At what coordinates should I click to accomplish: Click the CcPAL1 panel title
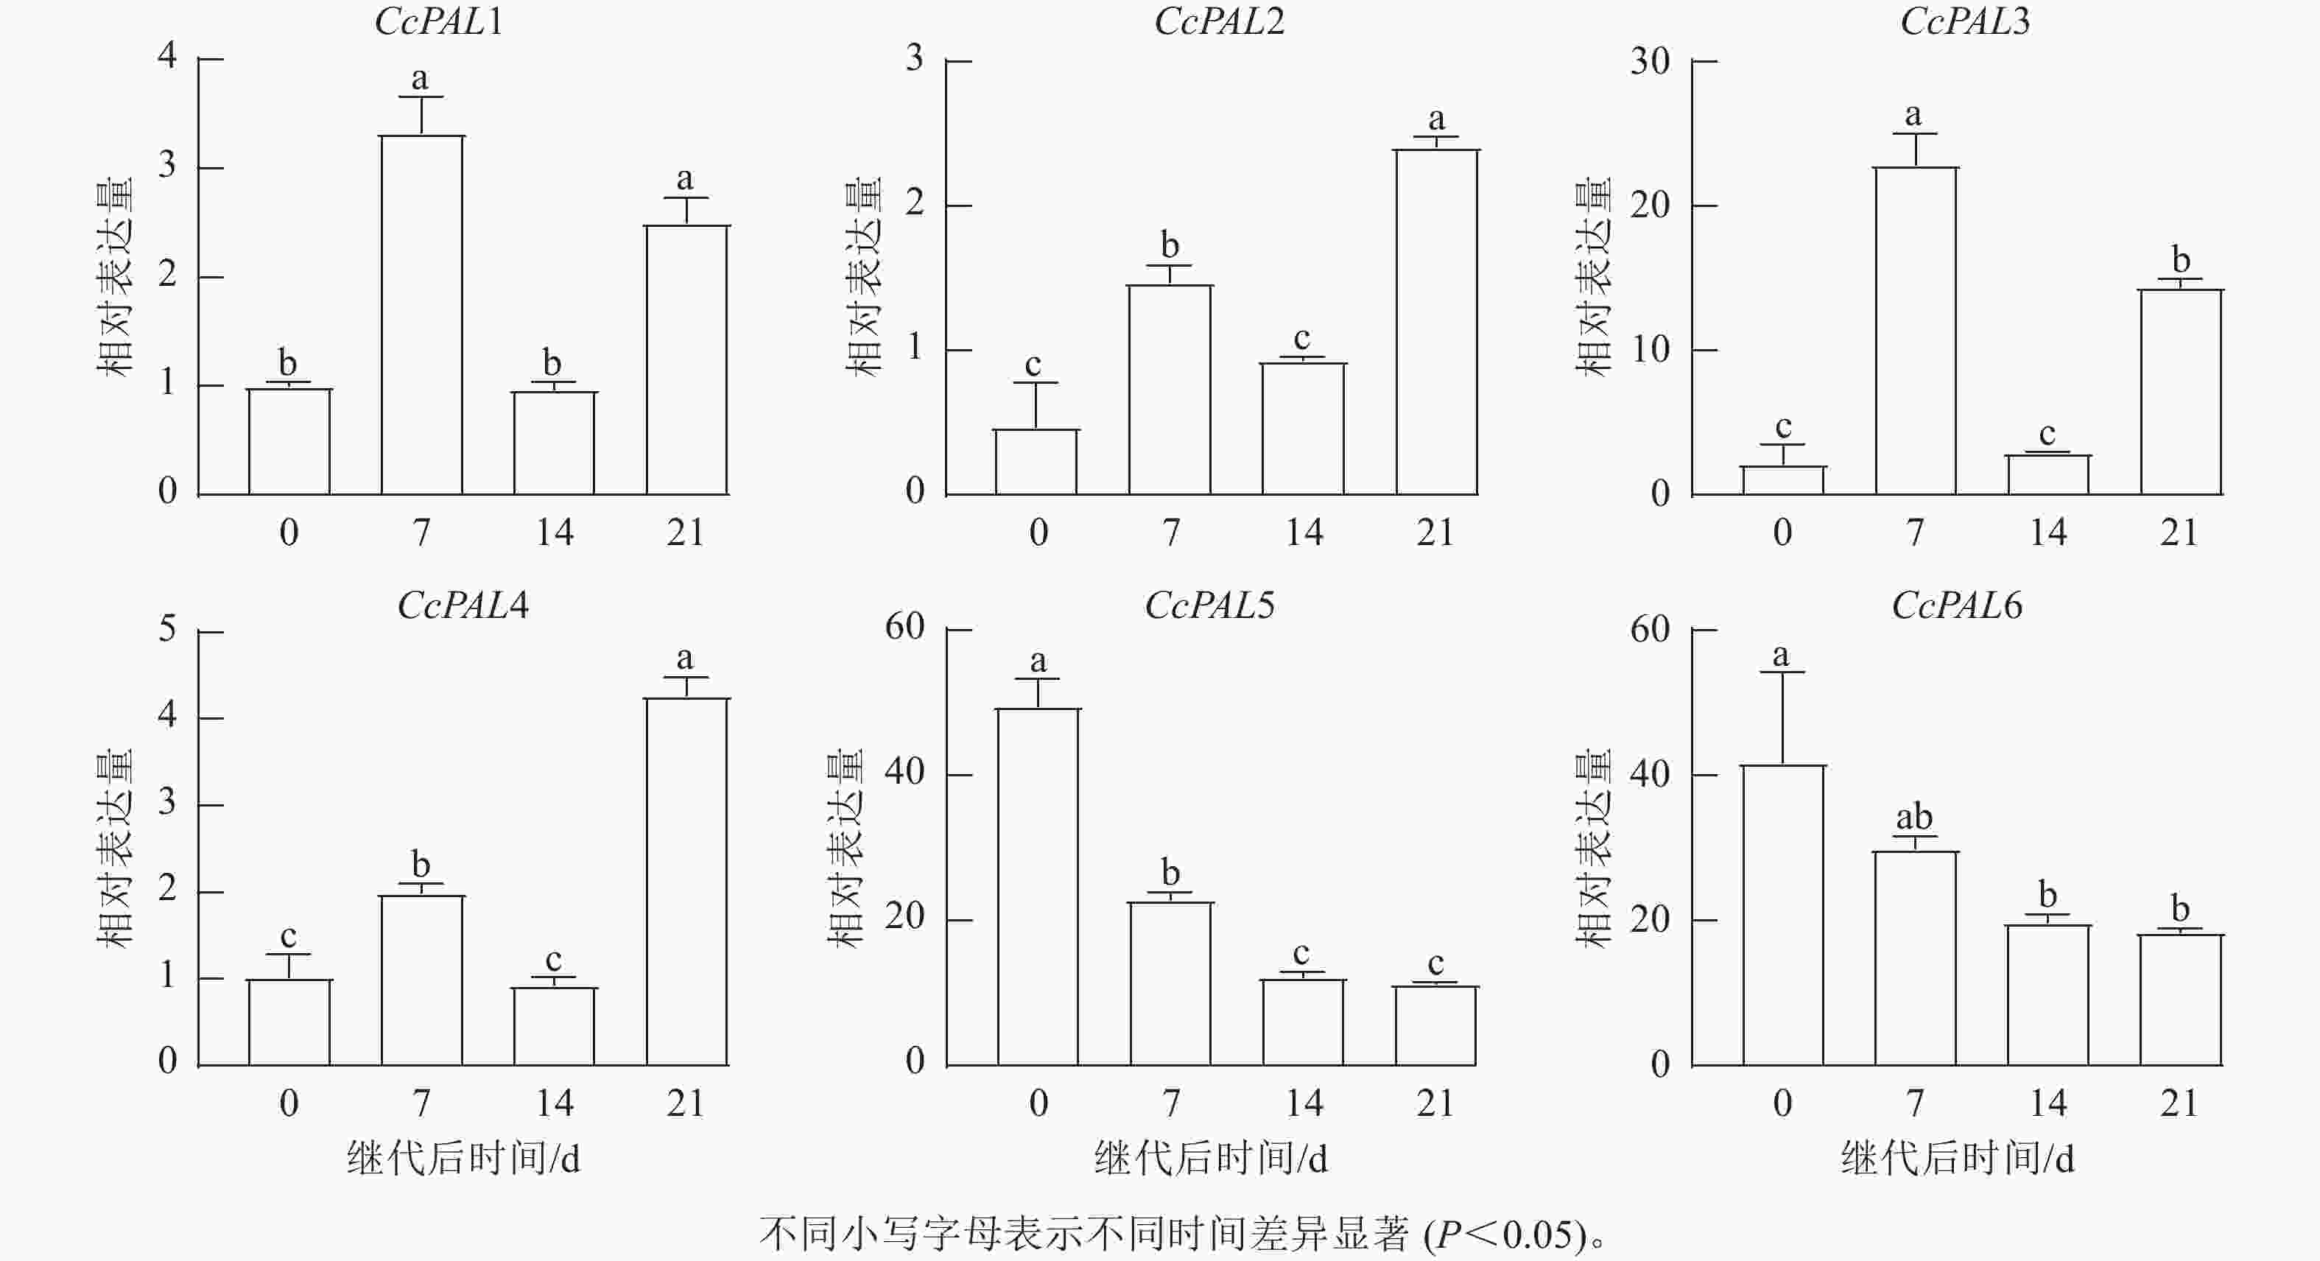439,21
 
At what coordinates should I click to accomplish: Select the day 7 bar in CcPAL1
421,315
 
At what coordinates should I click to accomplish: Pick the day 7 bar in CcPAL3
1916,331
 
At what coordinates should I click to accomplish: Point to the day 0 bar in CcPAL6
1783,914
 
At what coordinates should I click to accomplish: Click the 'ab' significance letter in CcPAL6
1914,817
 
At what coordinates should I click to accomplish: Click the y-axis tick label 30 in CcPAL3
1650,61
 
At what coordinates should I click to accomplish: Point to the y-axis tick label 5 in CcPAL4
167,629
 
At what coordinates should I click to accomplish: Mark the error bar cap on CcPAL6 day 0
1783,672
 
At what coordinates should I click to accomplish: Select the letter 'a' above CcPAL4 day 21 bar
686,658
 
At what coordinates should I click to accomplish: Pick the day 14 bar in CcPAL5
1303,1022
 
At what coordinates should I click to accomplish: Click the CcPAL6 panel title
1956,605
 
